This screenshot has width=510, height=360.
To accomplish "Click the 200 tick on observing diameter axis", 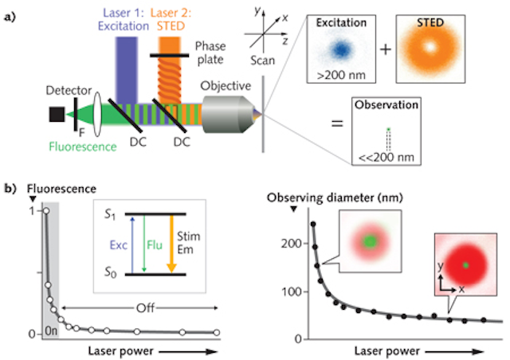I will coord(284,242).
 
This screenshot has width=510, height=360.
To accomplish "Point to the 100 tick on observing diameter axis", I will coord(284,291).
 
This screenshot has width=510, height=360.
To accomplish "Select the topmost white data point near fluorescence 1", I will coord(46,210).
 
